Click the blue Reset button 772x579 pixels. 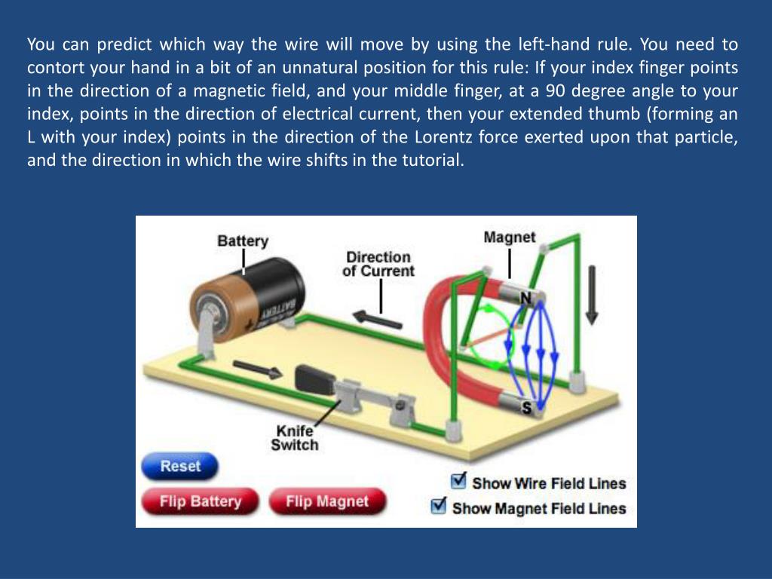point(179,467)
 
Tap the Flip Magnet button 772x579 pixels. point(326,501)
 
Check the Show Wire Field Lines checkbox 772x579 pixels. point(458,481)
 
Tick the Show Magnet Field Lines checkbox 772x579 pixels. point(439,506)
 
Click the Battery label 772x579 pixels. point(243,241)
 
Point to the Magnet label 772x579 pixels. point(510,237)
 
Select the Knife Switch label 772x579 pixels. point(296,438)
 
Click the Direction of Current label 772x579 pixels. point(378,264)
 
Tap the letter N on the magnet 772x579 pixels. point(525,299)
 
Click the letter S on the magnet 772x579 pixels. point(526,408)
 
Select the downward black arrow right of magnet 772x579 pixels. point(591,294)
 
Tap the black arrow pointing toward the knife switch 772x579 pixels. point(259,369)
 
